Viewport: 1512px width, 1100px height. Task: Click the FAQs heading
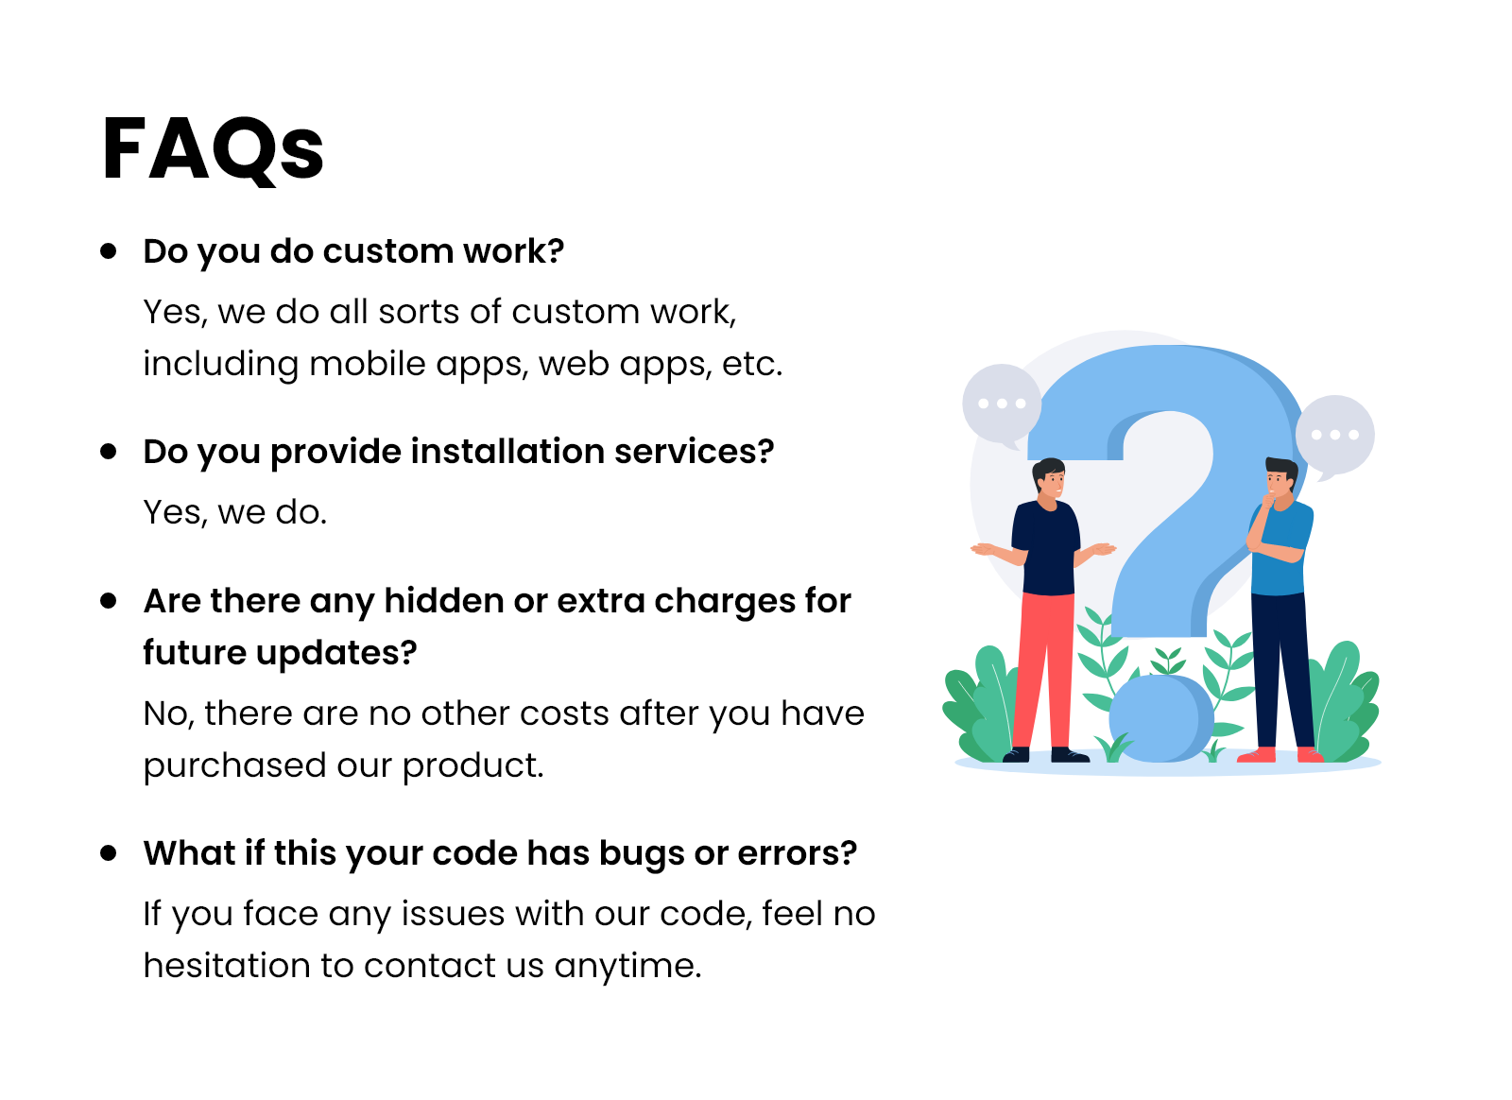(214, 150)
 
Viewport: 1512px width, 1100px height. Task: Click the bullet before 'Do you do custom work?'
(108, 251)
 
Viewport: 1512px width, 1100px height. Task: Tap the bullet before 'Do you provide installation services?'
(108, 452)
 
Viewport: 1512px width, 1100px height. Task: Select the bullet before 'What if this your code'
(108, 853)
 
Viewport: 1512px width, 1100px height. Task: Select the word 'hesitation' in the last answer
(227, 966)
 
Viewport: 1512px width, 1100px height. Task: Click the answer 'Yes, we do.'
(235, 513)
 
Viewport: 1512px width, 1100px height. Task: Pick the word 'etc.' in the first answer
(752, 365)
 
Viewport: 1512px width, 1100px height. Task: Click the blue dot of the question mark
(1161, 719)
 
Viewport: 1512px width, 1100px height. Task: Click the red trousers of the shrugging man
(1042, 672)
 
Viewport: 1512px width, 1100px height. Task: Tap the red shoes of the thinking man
(1280, 755)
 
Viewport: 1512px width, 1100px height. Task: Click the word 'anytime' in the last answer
(625, 968)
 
